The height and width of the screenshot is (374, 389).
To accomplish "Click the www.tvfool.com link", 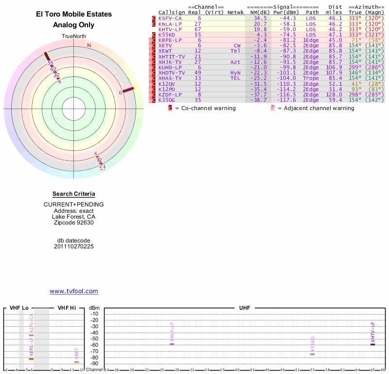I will (74, 291).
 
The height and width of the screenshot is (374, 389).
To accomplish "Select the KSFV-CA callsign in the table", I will (170, 18).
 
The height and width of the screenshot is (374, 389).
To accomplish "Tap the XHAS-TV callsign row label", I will (170, 78).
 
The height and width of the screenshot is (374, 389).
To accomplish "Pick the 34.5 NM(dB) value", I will (260, 18).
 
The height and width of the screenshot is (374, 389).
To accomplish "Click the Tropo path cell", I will (311, 78).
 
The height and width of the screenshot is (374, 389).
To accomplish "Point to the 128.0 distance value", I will (334, 94).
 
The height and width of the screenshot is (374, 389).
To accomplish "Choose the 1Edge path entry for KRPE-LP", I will (311, 40).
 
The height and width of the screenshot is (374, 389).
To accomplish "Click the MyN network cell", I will (235, 73).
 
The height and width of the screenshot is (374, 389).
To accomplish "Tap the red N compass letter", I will (89, 46).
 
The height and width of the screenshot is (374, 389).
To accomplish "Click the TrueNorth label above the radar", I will (73, 37).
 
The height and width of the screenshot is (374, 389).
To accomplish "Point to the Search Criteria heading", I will (74, 194).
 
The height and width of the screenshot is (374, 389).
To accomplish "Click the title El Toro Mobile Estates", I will (74, 14).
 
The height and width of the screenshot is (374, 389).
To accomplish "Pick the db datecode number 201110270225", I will (74, 246).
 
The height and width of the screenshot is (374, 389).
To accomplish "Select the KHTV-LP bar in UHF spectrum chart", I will (372, 344).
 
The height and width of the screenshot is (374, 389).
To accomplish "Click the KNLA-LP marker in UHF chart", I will (172, 344).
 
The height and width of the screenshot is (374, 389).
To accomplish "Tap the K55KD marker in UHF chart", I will (312, 354).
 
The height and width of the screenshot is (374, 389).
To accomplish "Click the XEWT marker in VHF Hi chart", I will (76, 362).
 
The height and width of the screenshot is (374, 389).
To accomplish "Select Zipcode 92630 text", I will (74, 223).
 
